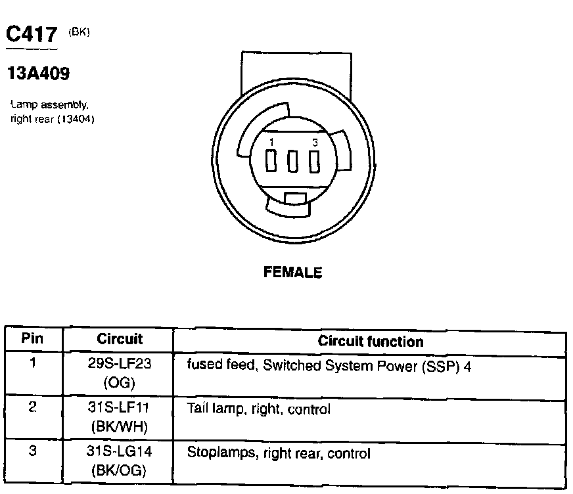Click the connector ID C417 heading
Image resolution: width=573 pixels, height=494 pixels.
[x=31, y=35]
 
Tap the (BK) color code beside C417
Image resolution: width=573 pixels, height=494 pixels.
[x=78, y=31]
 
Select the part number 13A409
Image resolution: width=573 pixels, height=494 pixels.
[x=37, y=74]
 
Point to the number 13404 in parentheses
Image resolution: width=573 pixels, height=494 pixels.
[x=77, y=119]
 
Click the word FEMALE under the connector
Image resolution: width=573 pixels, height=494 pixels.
[x=292, y=272]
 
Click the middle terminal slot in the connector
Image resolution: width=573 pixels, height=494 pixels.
[x=293, y=160]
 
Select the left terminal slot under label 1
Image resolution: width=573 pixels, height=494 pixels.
[x=271, y=160]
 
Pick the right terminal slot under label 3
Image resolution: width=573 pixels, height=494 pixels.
[x=315, y=160]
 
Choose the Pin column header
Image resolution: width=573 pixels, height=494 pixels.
[x=32, y=340]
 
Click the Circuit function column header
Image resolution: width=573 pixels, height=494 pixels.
[x=371, y=341]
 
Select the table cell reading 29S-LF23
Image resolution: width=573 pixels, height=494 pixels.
[x=120, y=365]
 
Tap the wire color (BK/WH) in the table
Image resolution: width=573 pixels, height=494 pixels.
[x=120, y=426]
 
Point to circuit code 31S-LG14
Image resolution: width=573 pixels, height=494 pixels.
[x=120, y=453]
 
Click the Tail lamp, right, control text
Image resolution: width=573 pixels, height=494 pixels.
[x=258, y=409]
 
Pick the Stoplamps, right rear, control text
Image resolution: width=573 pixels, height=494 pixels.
[x=279, y=453]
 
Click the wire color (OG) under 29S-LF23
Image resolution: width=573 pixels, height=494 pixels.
[x=120, y=382]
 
